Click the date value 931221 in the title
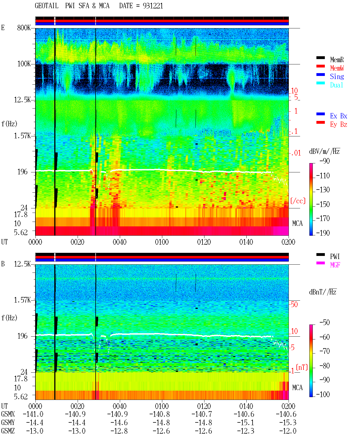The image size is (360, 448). point(153,6)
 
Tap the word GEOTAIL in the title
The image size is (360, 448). point(47,6)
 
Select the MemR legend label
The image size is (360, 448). point(337,60)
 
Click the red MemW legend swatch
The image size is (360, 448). point(320,66)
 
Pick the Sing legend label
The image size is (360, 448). point(337,76)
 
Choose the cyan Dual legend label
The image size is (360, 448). point(337,85)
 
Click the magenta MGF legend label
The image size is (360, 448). point(335,265)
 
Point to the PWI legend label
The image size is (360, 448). point(335,256)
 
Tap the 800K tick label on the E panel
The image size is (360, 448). point(24,28)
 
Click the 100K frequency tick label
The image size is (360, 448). point(24,64)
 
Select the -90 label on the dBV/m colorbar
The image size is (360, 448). point(325,161)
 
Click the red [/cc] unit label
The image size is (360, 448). point(298,201)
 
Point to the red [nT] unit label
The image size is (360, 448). point(302,367)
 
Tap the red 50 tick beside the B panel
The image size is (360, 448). point(294,305)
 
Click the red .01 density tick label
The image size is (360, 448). point(296,153)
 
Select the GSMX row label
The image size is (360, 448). point(8,414)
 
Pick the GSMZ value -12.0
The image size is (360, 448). point(288,431)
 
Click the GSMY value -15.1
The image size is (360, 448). point(246,423)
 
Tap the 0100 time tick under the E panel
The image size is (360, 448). point(162,242)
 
